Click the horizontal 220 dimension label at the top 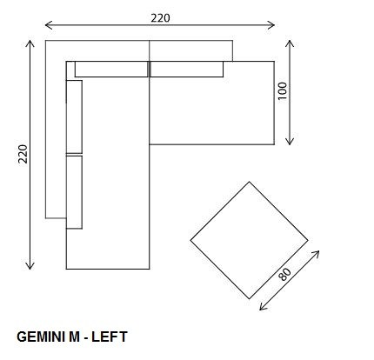pos(160,18)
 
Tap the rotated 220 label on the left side pos(23,154)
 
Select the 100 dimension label pos(282,91)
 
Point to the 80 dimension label pos(284,274)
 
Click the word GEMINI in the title pos(41,337)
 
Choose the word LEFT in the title pos(110,337)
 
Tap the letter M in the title pos(74,337)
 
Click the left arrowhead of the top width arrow pos(49,25)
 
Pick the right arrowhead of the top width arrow pos(271,25)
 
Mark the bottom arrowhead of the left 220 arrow pos(30,266)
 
